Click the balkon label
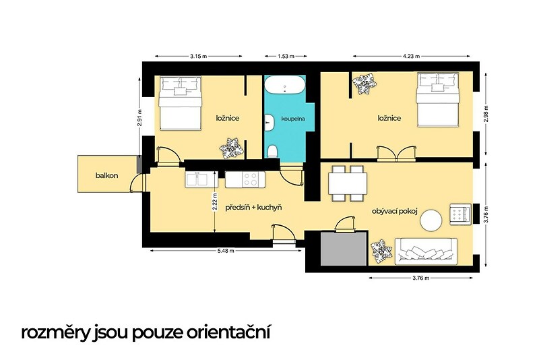[x=107, y=176]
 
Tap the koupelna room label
[x=293, y=119]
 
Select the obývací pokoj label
[x=395, y=211]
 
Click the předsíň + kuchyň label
[x=254, y=208]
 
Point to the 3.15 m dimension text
[x=198, y=57]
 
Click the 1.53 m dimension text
[x=286, y=57]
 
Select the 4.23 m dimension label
[x=411, y=57]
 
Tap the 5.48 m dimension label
[x=226, y=251]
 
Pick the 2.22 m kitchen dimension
[x=214, y=202]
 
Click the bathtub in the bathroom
[x=284, y=84]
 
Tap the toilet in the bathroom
[x=273, y=151]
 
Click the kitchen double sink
[x=197, y=179]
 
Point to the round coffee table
[x=431, y=220]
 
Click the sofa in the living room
[x=426, y=251]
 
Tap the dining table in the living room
[x=348, y=183]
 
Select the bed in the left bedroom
[x=180, y=103]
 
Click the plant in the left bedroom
[x=232, y=148]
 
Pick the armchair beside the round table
[x=460, y=214]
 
